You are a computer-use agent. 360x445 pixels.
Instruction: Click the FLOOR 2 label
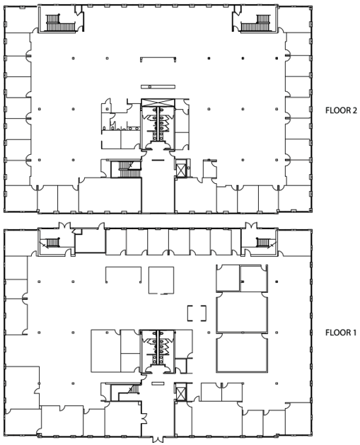(341, 110)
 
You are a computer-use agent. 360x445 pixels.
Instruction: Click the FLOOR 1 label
(340, 333)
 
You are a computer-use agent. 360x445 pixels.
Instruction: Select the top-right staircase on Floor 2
(255, 23)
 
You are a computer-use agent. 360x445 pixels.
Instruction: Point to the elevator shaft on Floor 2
(180, 169)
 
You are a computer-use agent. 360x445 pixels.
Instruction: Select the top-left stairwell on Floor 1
(52, 243)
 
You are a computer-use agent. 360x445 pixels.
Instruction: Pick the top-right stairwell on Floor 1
(262, 243)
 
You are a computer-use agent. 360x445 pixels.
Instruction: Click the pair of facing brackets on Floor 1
(197, 313)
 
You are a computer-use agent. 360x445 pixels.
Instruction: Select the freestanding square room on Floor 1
(161, 280)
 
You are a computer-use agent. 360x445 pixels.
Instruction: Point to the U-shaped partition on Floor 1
(123, 274)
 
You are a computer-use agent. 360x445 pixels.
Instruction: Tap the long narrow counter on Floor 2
(158, 86)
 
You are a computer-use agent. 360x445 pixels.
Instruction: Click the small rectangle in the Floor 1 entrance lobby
(158, 383)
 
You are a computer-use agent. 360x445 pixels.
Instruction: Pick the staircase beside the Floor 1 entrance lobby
(125, 393)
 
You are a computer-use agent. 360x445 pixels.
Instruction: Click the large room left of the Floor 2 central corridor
(110, 195)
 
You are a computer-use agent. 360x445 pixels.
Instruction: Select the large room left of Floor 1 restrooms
(105, 351)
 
